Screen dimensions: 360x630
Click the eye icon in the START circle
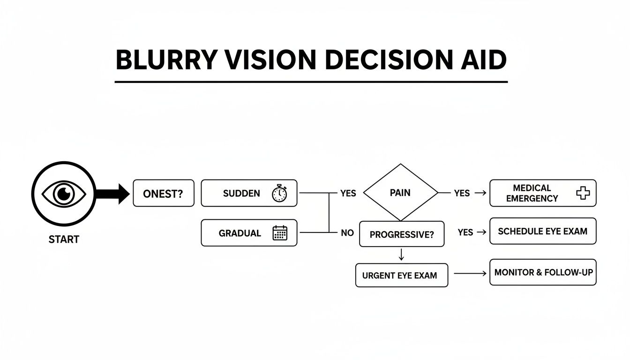[x=64, y=193]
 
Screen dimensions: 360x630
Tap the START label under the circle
[x=64, y=240]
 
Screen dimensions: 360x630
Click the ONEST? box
[x=163, y=193]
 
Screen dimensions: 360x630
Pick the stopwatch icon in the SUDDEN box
[x=279, y=193]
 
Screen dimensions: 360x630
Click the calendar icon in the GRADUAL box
[x=280, y=233]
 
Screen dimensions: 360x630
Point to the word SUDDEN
[x=241, y=193]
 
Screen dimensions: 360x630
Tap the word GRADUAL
[x=240, y=233]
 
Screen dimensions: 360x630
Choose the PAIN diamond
[x=400, y=193]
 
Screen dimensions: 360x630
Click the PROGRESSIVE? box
[x=401, y=234]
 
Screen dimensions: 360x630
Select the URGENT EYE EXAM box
[x=402, y=275]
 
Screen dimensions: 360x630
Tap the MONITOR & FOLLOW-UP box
[x=543, y=272]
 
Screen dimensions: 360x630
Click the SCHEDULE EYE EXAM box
[x=543, y=231]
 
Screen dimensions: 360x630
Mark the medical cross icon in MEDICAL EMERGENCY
[x=583, y=193]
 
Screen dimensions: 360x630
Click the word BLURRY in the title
[x=167, y=60]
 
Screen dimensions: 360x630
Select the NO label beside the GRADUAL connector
[x=347, y=233]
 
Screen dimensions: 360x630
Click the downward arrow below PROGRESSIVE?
[x=401, y=255]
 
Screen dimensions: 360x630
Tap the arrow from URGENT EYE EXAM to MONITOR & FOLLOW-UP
[x=470, y=273]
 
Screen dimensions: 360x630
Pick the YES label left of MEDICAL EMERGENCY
[x=462, y=193]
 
